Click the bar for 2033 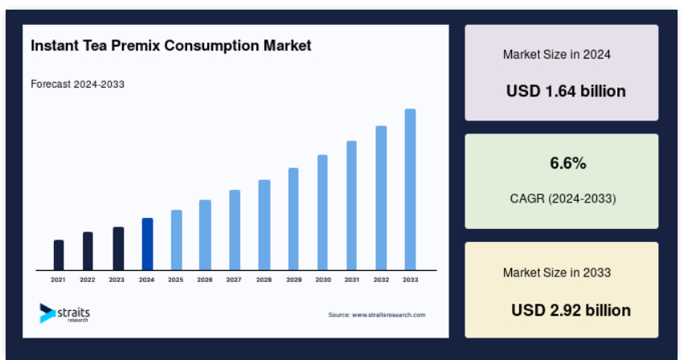[410, 190]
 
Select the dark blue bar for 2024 [147, 243]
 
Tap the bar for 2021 [59, 255]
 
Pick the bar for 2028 [264, 225]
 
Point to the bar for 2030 [322, 212]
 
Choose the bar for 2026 [205, 235]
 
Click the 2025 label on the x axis [175, 280]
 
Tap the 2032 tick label [381, 280]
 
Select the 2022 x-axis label [88, 280]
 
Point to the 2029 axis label [293, 280]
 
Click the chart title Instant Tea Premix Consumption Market [170, 46]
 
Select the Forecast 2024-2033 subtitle [78, 84]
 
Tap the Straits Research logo [64, 313]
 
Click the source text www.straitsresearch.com [389, 315]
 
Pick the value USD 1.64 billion [566, 92]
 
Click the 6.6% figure [568, 163]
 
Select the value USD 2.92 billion [571, 310]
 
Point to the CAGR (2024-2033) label [563, 198]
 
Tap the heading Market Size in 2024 [557, 55]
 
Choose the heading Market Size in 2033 [557, 272]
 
